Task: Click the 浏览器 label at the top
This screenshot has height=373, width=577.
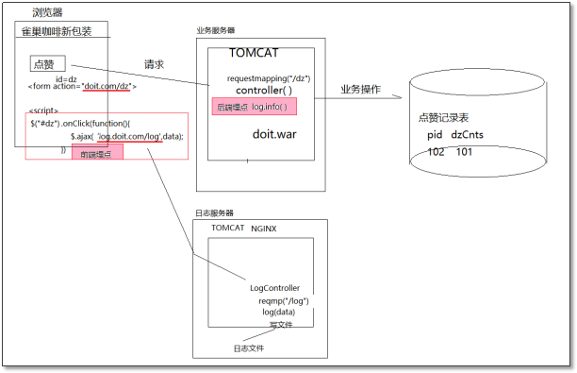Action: tap(48, 13)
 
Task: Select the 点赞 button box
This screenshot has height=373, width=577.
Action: tap(43, 64)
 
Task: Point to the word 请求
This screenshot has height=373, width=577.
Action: tap(154, 65)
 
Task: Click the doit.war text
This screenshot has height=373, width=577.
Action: tap(274, 134)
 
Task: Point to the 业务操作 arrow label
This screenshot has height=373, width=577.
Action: tap(361, 89)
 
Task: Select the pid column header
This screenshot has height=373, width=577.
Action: tap(435, 135)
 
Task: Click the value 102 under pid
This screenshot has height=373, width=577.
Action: tap(436, 152)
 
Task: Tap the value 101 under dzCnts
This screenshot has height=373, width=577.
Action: tap(465, 152)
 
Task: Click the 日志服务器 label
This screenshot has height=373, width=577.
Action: tap(213, 213)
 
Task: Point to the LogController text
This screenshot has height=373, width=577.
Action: tap(275, 288)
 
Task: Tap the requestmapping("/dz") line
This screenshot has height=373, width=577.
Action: tap(269, 77)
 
